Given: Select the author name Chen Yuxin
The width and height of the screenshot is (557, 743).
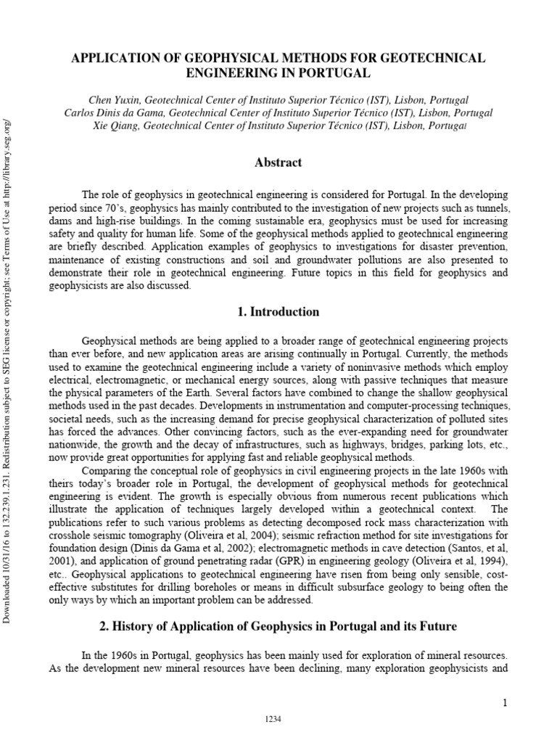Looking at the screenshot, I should coord(114,100).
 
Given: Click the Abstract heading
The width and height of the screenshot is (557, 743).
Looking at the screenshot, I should coord(278,163).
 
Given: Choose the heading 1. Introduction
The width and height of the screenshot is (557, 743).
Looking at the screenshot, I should coord(278,312).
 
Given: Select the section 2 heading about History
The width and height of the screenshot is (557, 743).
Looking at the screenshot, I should coord(278,625).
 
